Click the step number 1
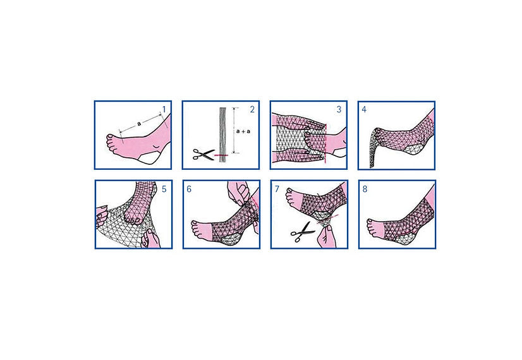(164, 109)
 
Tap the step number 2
(252, 109)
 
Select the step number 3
(339, 109)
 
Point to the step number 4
(364, 109)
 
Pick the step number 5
(164, 189)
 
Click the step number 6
(189, 189)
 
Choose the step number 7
(277, 189)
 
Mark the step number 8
(365, 189)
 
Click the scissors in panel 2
(203, 155)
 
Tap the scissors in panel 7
(303, 232)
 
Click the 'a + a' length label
(243, 131)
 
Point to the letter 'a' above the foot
(139, 124)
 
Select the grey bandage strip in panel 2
(222, 135)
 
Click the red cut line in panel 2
(221, 155)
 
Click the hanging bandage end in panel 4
(374, 148)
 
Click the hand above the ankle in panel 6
(238, 193)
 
